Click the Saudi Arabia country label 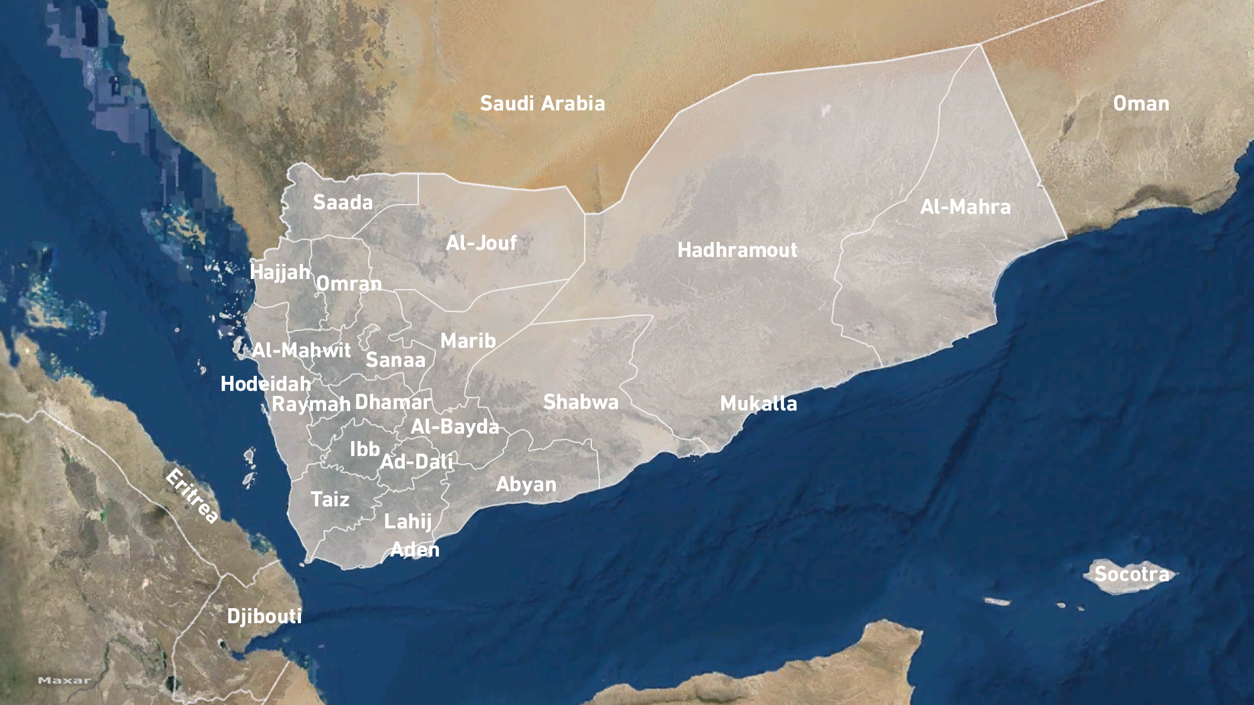[542, 103]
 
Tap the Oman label [1141, 103]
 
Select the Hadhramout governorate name [737, 250]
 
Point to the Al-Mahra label [965, 207]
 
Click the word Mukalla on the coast [758, 403]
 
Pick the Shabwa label [581, 402]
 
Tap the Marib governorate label [468, 341]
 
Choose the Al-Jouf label [481, 243]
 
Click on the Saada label [343, 202]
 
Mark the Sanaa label [395, 360]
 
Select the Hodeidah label [266, 384]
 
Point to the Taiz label [330, 499]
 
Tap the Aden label [415, 549]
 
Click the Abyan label [526, 484]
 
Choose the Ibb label [365, 449]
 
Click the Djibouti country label [264, 616]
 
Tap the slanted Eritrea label [192, 496]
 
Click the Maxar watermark [64, 680]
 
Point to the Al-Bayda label [454, 427]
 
